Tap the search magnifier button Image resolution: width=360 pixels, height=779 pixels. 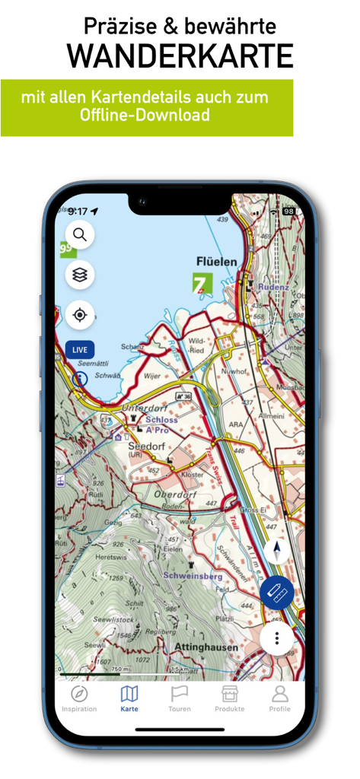click(80, 235)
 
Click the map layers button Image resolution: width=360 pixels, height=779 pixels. click(80, 275)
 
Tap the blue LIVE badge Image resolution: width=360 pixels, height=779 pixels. click(80, 350)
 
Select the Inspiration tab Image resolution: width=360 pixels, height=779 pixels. click(79, 698)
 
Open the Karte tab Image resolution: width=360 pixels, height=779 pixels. click(129, 698)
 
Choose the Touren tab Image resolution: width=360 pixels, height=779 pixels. click(180, 698)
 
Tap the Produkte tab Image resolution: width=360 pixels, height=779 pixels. click(229, 698)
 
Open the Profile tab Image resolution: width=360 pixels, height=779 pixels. click(279, 698)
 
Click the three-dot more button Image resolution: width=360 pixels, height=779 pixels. click(277, 638)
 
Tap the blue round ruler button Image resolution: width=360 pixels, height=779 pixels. click(277, 593)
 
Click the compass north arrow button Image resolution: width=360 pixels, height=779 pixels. click(276, 552)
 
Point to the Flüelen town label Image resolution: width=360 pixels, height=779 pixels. click(216, 262)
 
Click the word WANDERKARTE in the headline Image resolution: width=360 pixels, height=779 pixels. click(180, 57)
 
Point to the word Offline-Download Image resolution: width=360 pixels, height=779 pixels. click(145, 116)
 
